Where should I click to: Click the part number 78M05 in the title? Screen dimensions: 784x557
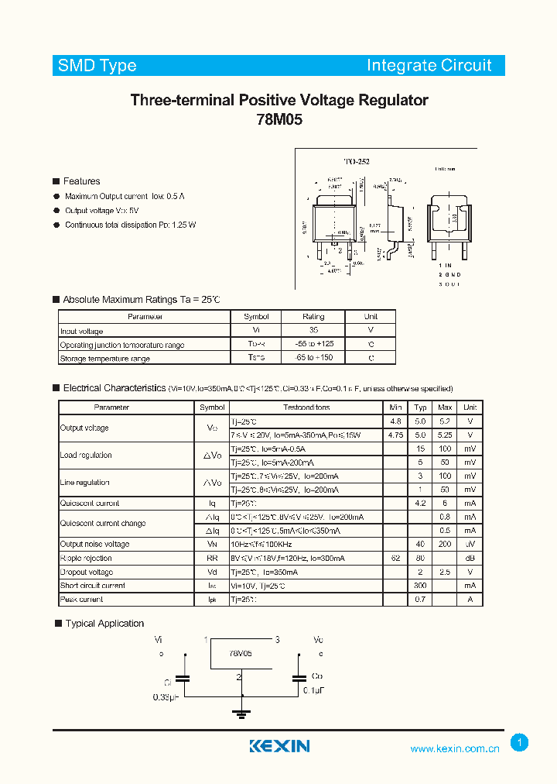(x=278, y=120)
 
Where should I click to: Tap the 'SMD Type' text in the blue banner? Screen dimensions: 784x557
(x=97, y=66)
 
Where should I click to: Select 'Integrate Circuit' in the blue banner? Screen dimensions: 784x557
(x=429, y=66)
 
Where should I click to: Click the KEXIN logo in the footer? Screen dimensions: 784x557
(x=279, y=746)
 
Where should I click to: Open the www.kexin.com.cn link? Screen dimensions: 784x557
(x=455, y=748)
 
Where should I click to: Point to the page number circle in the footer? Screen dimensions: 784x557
(x=519, y=743)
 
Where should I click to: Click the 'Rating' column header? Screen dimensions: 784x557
(x=313, y=317)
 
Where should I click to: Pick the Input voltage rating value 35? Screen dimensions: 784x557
(x=313, y=331)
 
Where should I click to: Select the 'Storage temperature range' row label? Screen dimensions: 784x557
(x=105, y=359)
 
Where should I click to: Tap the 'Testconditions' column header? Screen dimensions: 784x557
(x=306, y=407)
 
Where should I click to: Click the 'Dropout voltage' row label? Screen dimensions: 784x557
(x=86, y=572)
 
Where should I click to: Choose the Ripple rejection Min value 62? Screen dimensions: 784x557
(x=396, y=558)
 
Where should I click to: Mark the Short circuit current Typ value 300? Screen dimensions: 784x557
(x=420, y=586)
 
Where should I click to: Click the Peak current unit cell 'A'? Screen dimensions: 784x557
(x=470, y=600)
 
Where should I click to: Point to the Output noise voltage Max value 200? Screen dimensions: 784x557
(x=445, y=545)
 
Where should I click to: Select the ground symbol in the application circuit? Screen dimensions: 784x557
(x=241, y=714)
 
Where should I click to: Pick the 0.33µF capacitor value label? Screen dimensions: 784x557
(x=166, y=697)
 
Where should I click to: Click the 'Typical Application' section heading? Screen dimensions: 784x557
(x=104, y=624)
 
